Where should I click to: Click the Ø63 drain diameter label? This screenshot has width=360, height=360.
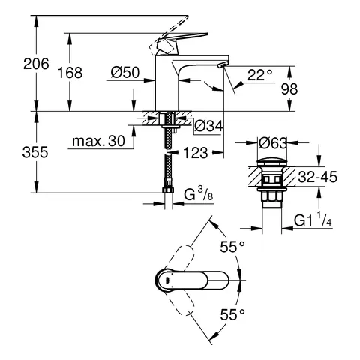pyautogui.click(x=271, y=140)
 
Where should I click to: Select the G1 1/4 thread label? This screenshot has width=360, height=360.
pyautogui.click(x=312, y=222)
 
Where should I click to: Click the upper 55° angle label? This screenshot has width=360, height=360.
pyautogui.click(x=234, y=247)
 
